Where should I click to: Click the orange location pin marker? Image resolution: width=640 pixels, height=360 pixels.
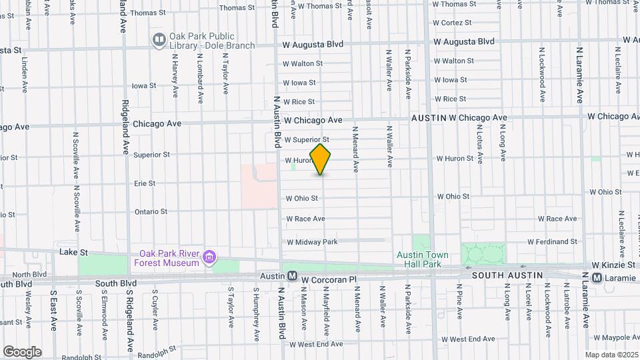321,159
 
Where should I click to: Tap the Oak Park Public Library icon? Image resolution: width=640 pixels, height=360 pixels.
159,41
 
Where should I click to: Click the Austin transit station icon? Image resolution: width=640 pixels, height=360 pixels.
291,276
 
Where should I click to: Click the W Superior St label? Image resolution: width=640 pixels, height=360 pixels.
307,140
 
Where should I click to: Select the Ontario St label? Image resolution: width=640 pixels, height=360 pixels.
151,211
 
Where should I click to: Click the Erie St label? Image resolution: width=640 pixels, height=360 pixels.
144,183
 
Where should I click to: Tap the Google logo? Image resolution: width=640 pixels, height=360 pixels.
22,352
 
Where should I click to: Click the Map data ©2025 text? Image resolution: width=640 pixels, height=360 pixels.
611,355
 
